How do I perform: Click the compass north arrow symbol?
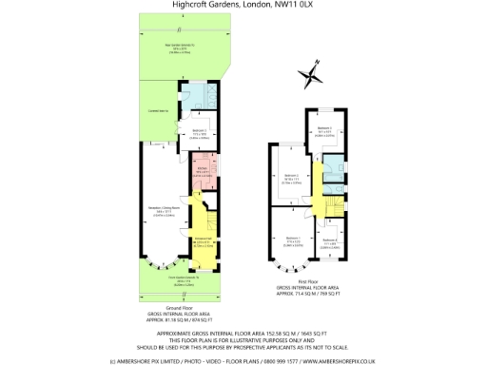point(310,73)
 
